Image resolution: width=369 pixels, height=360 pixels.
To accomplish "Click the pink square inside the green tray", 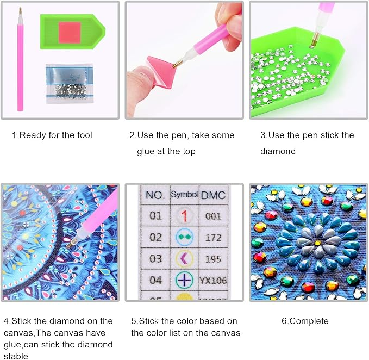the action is coord(70,33).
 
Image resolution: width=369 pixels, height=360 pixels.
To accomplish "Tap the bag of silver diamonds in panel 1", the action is coord(70,84).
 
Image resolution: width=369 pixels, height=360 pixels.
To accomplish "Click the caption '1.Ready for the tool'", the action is coord(52,135).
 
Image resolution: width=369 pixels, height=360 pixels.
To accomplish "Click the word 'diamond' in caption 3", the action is coord(278,151).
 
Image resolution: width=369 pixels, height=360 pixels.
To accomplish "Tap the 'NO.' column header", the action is coord(155,195).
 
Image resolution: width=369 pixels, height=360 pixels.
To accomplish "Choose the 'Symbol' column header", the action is coord(184,195).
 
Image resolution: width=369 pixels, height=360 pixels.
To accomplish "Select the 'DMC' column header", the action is coord(214,195).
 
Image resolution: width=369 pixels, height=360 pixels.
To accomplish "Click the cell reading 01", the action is coord(155,216).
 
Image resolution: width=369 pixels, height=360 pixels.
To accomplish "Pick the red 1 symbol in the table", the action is coord(184,216).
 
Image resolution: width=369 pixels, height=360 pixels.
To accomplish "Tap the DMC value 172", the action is coord(213,238).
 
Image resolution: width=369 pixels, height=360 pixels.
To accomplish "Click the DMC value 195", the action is coord(213,259).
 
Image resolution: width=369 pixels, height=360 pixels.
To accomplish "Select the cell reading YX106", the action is coord(213,281).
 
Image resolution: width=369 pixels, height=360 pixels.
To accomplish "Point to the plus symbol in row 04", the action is coord(185,280).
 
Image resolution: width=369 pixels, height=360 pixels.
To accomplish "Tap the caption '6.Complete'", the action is coord(305,321).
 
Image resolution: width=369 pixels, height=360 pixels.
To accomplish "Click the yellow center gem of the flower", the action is coord(318,243).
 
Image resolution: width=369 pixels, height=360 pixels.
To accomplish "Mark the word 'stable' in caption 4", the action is coord(16,356).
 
